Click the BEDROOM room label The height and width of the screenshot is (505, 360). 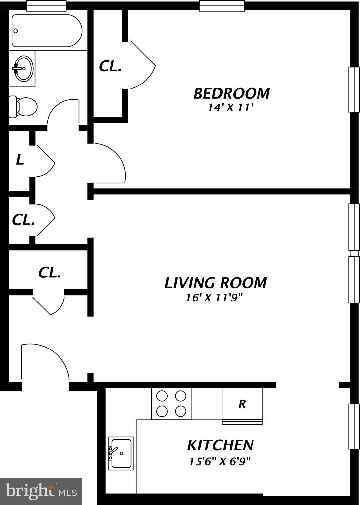click(231, 93)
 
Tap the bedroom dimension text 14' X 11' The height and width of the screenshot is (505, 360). click(231, 108)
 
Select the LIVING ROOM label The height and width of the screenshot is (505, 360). click(215, 283)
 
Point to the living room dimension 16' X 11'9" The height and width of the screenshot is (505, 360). click(214, 298)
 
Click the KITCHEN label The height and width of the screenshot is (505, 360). click(220, 445)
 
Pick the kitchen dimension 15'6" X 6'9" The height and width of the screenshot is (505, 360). click(220, 461)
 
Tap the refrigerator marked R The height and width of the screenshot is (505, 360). click(242, 404)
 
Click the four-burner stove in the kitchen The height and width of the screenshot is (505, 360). click(171, 404)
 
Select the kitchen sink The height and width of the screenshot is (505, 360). click(121, 453)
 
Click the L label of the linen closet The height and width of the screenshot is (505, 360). click(20, 160)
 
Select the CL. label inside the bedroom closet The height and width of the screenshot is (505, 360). click(110, 66)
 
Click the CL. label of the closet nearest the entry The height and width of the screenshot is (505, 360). click(50, 273)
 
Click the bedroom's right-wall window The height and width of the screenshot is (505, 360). click(354, 89)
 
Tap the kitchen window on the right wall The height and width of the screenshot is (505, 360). click(354, 426)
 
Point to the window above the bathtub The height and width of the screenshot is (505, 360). click(46, 6)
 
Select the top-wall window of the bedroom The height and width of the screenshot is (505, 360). click(222, 6)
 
